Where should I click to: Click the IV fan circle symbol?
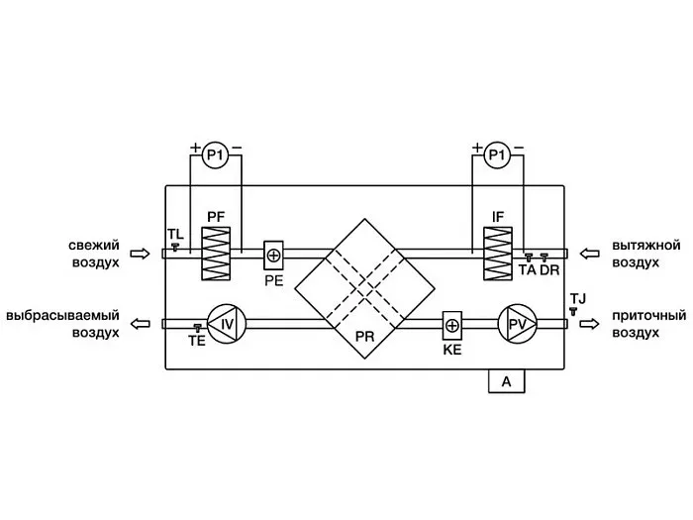tap(226, 323)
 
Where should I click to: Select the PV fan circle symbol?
tap(516, 323)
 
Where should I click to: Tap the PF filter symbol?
tap(216, 254)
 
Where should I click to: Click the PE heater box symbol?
tap(274, 256)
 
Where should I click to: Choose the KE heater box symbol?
tap(452, 324)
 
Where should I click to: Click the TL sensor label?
tap(175, 234)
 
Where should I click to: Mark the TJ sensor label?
tap(578, 297)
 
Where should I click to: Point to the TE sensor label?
tap(197, 340)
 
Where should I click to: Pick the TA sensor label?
tap(528, 269)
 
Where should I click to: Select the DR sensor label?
tap(551, 269)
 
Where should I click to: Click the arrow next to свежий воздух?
tap(142, 255)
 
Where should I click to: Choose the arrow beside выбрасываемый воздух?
tap(142, 323)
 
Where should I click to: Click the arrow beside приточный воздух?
tap(590, 323)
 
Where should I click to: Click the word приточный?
tap(648, 315)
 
